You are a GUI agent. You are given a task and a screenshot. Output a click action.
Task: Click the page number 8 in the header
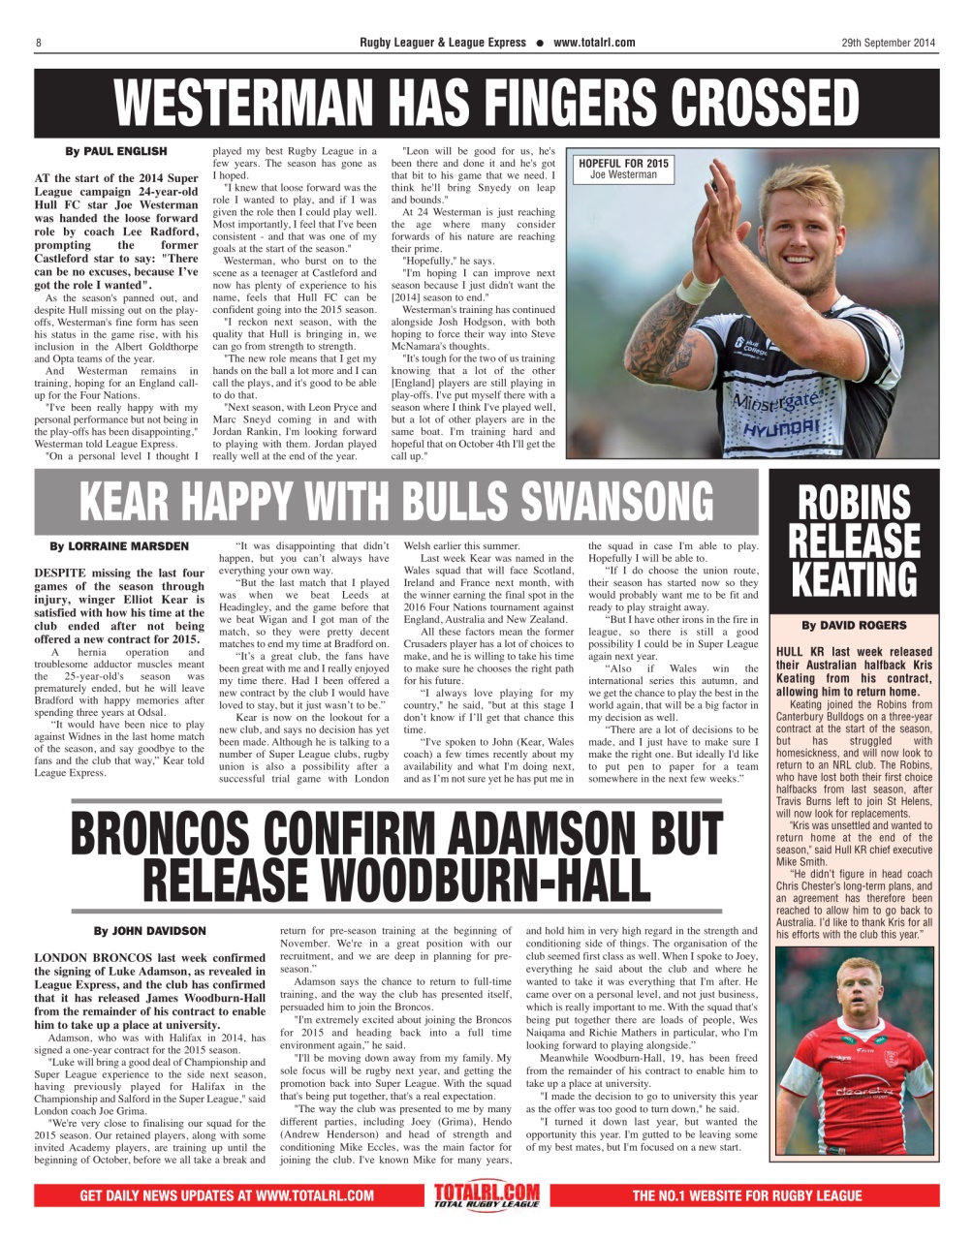38,43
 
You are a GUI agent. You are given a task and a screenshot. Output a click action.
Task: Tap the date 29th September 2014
888,43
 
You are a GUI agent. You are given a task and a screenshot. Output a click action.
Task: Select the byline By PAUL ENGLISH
115,151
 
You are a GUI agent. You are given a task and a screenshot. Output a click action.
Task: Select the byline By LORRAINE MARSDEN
119,546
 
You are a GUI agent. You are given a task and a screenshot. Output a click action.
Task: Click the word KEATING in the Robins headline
854,579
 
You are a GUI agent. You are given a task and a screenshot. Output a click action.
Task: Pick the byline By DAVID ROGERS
854,625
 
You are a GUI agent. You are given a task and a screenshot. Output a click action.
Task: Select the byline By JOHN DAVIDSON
149,931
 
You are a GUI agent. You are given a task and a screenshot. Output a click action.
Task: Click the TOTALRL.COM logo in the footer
486,1194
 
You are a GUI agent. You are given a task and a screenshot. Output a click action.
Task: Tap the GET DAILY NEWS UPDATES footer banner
227,1195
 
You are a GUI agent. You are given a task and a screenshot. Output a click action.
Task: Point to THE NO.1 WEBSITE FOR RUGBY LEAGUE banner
746,1195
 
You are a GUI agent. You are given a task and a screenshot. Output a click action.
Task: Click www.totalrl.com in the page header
594,43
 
